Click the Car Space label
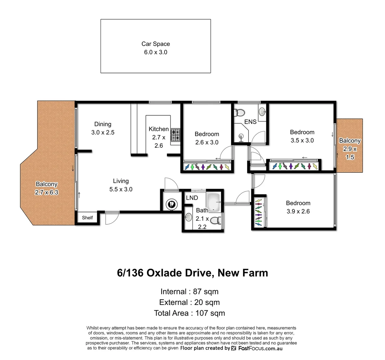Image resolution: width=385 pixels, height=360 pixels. [156, 48]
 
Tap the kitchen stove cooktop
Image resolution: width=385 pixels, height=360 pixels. [176, 135]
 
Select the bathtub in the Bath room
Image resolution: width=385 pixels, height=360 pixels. [213, 202]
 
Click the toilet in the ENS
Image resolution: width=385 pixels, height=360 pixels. [239, 113]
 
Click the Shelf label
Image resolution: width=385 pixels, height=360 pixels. [87, 218]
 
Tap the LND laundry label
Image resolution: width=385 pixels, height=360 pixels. [192, 198]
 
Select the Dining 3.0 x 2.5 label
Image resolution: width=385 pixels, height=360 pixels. [103, 128]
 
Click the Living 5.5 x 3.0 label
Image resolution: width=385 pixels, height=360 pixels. [121, 185]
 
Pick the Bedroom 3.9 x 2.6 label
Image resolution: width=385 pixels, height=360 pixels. [298, 207]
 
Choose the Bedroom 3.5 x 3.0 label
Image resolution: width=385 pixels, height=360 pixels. [302, 136]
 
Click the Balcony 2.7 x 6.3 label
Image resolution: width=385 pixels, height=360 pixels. [47, 188]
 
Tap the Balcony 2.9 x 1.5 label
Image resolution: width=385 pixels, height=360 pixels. [350, 149]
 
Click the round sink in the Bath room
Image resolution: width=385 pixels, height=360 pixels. [188, 217]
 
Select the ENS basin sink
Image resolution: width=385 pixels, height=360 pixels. [262, 111]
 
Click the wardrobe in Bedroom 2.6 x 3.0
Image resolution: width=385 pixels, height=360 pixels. [207, 166]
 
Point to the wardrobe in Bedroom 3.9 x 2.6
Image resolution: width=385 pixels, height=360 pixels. [259, 212]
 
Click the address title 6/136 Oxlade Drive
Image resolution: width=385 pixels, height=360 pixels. [192, 273]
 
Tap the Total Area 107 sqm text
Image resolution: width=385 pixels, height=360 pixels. [189, 313]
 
